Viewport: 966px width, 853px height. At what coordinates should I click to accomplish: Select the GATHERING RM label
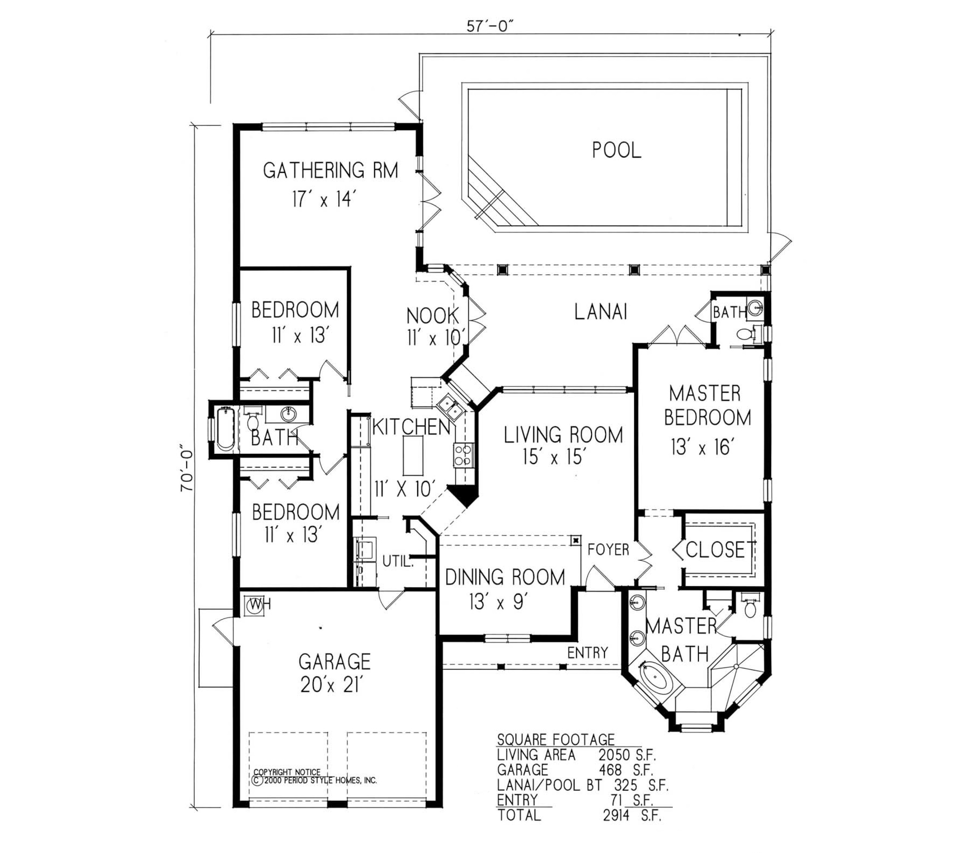[x=330, y=170]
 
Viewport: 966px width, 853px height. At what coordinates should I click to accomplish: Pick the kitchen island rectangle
[x=413, y=455]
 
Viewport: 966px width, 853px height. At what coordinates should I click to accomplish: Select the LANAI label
[x=601, y=312]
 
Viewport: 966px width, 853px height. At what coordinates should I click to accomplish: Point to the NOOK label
[x=433, y=316]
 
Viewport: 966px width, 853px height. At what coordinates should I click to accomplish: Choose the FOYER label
[x=608, y=549]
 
